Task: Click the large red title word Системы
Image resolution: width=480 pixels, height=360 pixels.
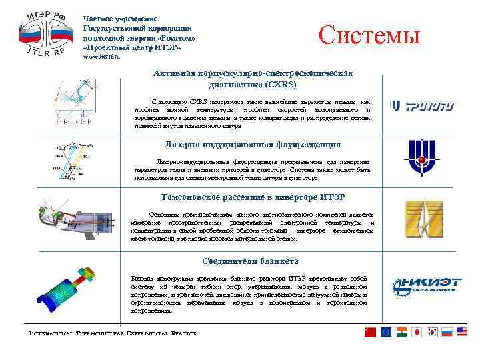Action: coord(370,34)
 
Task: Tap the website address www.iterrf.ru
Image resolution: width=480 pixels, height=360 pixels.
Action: coord(101,57)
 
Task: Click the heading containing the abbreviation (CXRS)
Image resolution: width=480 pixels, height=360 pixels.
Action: coord(253,79)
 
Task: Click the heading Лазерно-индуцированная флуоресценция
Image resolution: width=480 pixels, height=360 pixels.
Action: coord(253,144)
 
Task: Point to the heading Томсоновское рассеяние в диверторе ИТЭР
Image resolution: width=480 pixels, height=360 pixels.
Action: coord(253,197)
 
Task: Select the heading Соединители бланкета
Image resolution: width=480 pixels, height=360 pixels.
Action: coord(251,261)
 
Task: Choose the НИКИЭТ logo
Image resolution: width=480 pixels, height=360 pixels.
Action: coord(425,285)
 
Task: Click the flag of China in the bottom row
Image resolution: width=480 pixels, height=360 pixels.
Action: coord(371,332)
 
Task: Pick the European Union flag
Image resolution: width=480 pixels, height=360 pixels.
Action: coord(386,332)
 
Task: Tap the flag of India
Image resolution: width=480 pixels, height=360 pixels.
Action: coord(401,332)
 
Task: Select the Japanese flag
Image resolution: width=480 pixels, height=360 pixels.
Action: coord(416,332)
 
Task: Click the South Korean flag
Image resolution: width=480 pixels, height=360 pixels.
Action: coord(431,332)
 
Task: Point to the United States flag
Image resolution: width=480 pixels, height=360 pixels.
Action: coord(462,332)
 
